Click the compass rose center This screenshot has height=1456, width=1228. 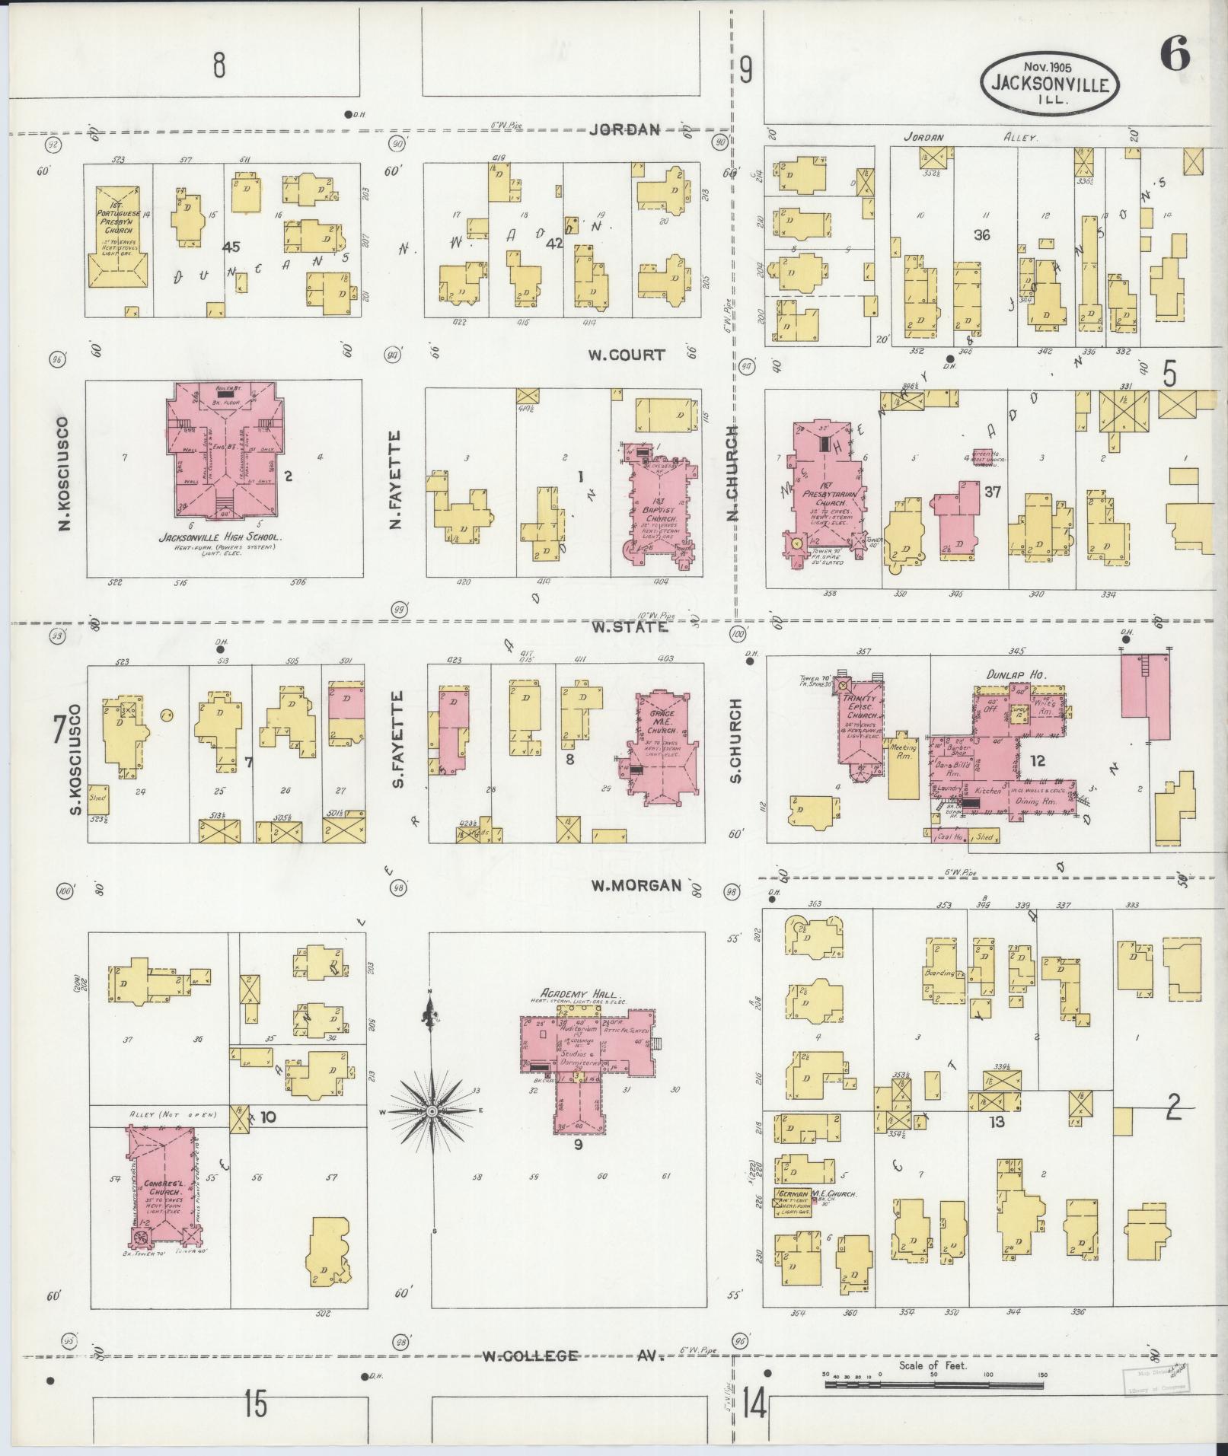432,1112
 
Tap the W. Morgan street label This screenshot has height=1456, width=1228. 636,885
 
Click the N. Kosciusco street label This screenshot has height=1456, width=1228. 65,473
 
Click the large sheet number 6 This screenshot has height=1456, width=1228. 1175,56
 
